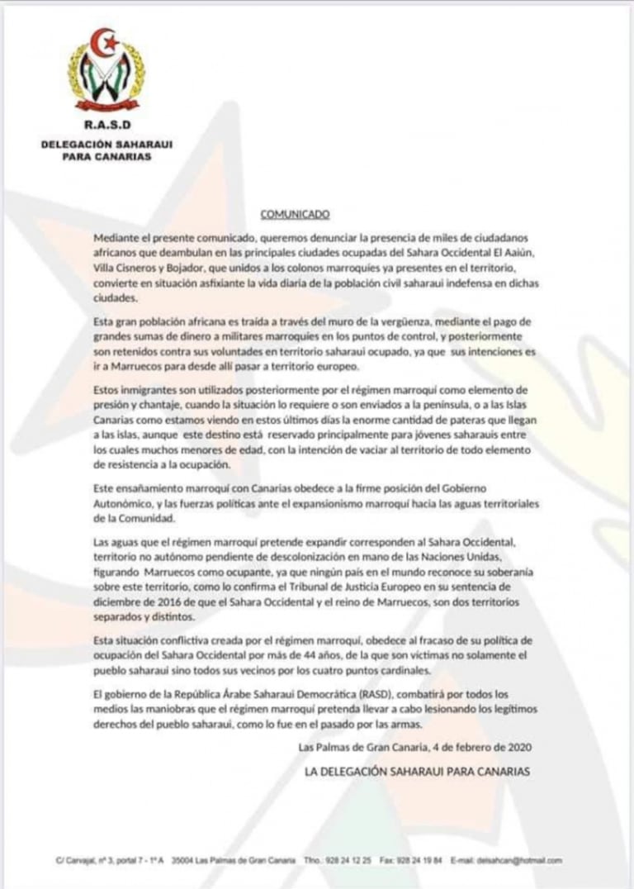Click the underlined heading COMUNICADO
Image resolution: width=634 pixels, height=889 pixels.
tap(295, 215)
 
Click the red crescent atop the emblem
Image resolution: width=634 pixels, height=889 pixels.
tap(104, 42)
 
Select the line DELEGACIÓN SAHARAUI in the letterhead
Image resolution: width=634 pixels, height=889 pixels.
tap(106, 144)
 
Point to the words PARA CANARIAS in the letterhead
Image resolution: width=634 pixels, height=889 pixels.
tap(106, 155)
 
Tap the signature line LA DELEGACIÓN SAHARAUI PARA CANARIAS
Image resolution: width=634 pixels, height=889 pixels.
tap(417, 771)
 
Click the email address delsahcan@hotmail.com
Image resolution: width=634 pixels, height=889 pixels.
tap(519, 860)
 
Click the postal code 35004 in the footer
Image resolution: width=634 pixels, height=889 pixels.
tap(182, 860)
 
